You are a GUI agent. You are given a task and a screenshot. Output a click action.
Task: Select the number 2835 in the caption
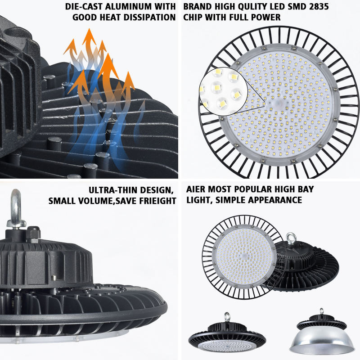coord(316,7)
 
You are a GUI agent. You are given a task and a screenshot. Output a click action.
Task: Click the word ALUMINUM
coord(133,7)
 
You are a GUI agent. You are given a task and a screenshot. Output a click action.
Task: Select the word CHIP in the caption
coord(194,18)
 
